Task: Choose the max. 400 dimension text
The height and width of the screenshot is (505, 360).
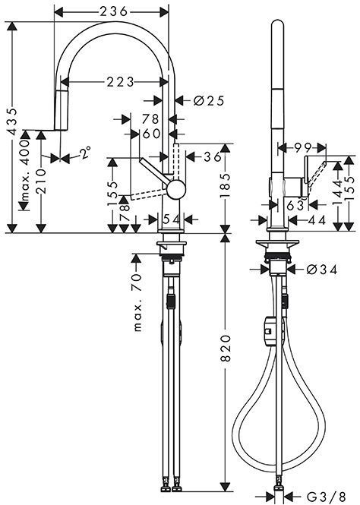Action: [x=27, y=172]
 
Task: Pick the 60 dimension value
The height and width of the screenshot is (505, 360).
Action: [x=151, y=134]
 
